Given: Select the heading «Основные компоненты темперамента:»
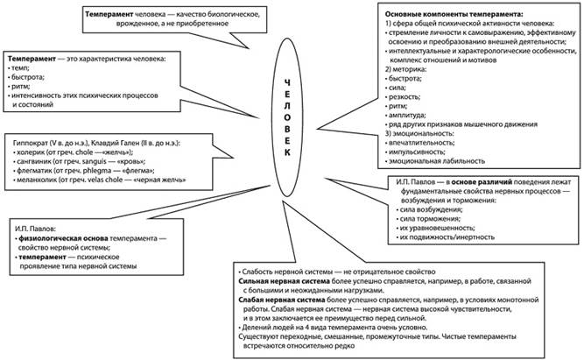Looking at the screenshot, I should click(x=447, y=16).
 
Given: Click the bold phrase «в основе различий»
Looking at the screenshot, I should click(x=479, y=181).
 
